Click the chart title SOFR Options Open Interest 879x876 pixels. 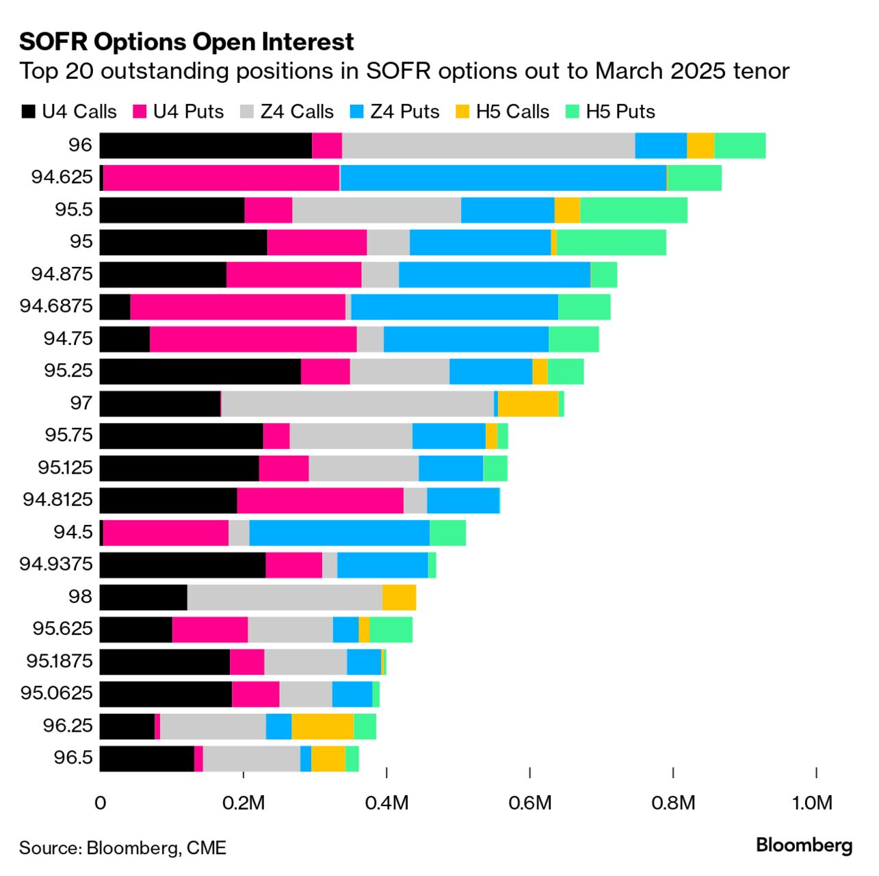(x=186, y=42)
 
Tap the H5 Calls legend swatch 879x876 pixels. (x=464, y=112)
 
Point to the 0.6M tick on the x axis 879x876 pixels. (x=530, y=802)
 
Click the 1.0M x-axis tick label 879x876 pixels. (x=813, y=802)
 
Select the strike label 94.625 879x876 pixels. (x=62, y=177)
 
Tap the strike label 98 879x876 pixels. (x=80, y=597)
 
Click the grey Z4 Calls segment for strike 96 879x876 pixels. (x=488, y=146)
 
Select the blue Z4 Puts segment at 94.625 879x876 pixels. (x=503, y=178)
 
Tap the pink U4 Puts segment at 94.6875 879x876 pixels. (x=237, y=307)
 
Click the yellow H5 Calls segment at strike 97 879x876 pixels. (x=528, y=404)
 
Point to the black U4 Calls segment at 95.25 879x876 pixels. (x=200, y=371)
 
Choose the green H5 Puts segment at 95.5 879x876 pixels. (x=633, y=210)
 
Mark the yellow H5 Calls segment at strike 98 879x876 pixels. (x=399, y=597)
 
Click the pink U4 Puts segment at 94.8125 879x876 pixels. (x=319, y=500)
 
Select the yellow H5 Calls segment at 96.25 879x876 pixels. (x=322, y=726)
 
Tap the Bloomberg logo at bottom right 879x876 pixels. (x=804, y=846)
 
